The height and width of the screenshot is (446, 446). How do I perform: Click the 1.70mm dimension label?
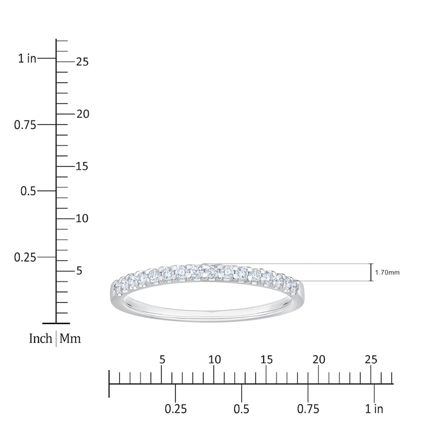[387, 273]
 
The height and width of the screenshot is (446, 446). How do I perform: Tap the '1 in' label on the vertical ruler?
[27, 59]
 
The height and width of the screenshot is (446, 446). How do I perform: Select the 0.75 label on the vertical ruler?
[25, 125]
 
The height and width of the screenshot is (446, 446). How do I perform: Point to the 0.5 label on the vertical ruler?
[29, 191]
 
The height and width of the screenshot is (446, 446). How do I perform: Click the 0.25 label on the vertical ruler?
[25, 258]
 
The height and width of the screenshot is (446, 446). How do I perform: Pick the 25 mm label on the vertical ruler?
[83, 62]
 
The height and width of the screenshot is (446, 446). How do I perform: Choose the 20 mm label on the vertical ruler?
[83, 114]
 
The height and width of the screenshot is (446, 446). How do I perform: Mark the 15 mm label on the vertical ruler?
[83, 167]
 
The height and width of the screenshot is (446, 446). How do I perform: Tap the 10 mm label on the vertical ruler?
[83, 219]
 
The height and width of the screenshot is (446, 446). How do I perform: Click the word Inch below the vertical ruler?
[41, 338]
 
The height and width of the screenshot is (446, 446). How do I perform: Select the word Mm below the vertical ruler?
[70, 338]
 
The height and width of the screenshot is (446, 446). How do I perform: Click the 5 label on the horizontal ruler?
[162, 360]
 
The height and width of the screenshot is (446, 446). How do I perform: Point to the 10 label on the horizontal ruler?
[215, 360]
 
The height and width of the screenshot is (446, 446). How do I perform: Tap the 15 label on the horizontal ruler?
[267, 360]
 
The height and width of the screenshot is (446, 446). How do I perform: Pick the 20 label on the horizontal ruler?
[319, 360]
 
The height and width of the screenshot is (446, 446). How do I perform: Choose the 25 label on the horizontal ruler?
[371, 360]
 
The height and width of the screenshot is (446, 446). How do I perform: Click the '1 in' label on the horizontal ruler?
[374, 409]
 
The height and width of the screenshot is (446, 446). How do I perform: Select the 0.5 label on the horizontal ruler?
[241, 409]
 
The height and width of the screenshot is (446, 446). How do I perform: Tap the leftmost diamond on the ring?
[118, 287]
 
